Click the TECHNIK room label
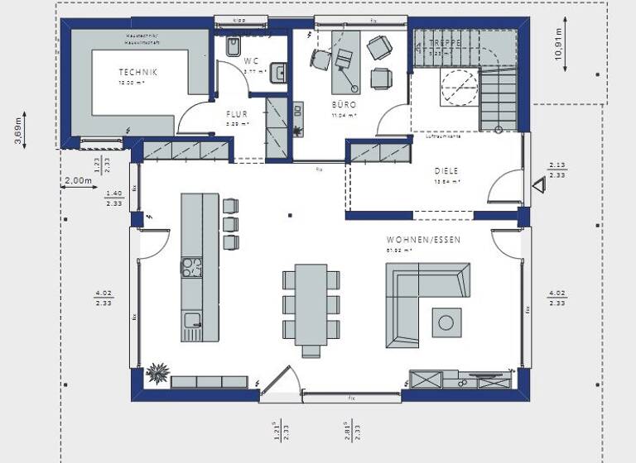137,72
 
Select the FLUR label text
237,114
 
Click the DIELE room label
446,171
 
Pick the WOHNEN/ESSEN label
423,239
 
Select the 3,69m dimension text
18,131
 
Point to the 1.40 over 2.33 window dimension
113,198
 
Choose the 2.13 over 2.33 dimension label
557,169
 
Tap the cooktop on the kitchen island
191,266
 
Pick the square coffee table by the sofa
448,320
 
